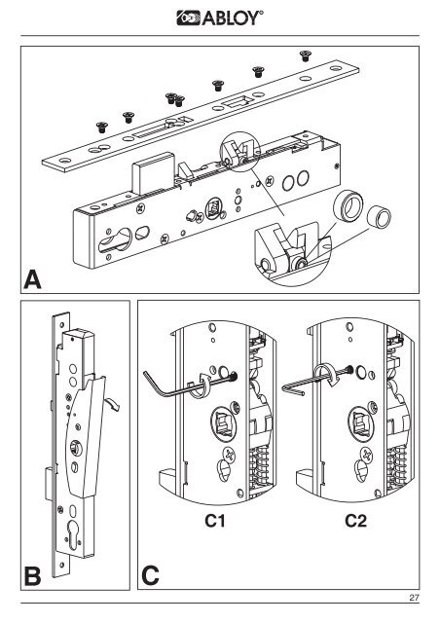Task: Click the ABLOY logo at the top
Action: tap(220, 18)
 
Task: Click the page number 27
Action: tap(414, 597)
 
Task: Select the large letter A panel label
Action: tap(32, 279)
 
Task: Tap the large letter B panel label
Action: tap(32, 576)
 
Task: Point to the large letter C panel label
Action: tap(150, 575)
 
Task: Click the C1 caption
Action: tap(214, 521)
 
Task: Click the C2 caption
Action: tap(355, 521)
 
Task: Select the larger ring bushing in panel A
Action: tap(348, 205)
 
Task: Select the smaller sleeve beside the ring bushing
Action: tap(379, 216)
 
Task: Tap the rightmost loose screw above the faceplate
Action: tap(305, 55)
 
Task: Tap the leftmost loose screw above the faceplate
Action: tap(102, 128)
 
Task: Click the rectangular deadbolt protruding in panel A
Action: tap(153, 172)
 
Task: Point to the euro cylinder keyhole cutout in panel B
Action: tap(74, 535)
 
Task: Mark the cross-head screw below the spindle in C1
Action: tap(229, 454)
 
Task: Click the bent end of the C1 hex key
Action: tap(148, 380)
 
